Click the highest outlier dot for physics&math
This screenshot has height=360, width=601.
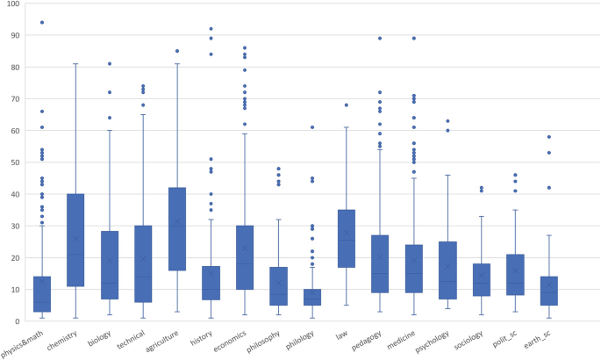tap(42, 22)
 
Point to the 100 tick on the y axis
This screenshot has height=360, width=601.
tap(15, 4)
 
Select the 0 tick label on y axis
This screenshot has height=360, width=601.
tap(20, 320)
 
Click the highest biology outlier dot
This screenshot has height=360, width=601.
tap(110, 64)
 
